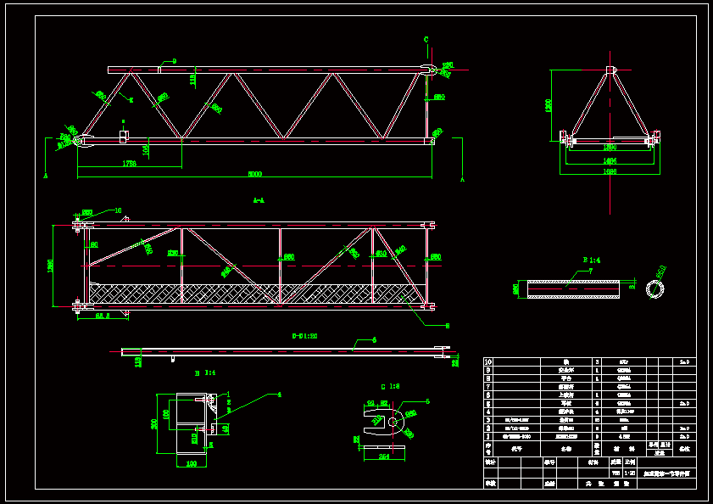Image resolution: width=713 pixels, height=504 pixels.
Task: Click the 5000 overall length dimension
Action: click(x=254, y=174)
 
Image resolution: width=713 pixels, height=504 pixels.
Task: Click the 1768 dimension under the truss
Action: click(x=130, y=163)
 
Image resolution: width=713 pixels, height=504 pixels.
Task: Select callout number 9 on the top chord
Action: click(x=174, y=61)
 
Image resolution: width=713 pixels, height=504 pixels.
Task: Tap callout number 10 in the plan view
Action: click(x=118, y=210)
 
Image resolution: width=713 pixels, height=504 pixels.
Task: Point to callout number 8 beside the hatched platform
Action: click(x=447, y=325)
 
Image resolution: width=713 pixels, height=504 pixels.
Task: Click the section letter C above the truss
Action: click(x=426, y=40)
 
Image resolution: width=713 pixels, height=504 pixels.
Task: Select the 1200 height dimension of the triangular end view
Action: click(x=549, y=105)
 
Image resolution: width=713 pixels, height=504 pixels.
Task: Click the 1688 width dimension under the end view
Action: click(x=610, y=171)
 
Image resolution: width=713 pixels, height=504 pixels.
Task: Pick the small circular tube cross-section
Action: click(x=655, y=289)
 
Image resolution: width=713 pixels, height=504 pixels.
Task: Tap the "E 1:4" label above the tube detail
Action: click(x=591, y=259)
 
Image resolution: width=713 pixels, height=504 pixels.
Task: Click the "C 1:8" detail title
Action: click(x=390, y=386)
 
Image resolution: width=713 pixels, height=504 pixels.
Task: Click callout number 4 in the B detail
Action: click(x=279, y=394)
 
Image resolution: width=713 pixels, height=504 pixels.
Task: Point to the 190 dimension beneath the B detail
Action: click(x=191, y=463)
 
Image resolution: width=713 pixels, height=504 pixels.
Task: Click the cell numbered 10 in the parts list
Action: click(x=488, y=361)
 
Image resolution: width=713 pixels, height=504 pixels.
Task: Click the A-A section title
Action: click(x=259, y=201)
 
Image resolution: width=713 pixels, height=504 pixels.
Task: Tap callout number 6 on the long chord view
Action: click(x=374, y=339)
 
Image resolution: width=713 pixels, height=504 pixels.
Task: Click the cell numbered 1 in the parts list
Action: click(x=488, y=436)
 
